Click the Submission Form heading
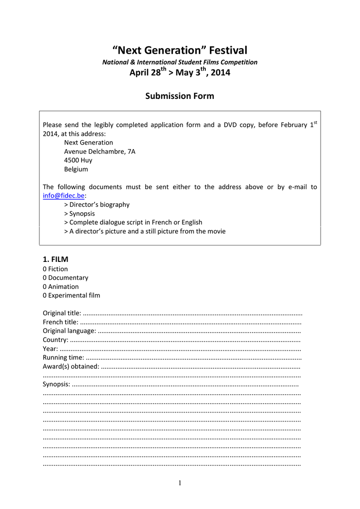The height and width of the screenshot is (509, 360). (x=180, y=96)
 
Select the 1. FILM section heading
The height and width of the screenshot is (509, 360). (x=56, y=259)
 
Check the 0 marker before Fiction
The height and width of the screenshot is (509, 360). (x=45, y=269)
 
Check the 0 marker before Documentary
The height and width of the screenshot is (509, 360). (x=45, y=278)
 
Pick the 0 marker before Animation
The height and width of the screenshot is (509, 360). (x=45, y=287)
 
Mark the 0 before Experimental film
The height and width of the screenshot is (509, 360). (x=45, y=296)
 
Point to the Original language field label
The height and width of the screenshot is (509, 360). (x=69, y=331)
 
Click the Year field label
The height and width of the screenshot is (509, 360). (x=50, y=349)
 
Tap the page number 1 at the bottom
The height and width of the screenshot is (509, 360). (x=180, y=483)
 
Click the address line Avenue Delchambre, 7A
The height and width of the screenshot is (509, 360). (x=99, y=152)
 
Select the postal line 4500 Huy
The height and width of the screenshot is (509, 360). (x=78, y=161)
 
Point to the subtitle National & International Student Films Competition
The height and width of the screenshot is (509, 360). (x=180, y=62)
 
